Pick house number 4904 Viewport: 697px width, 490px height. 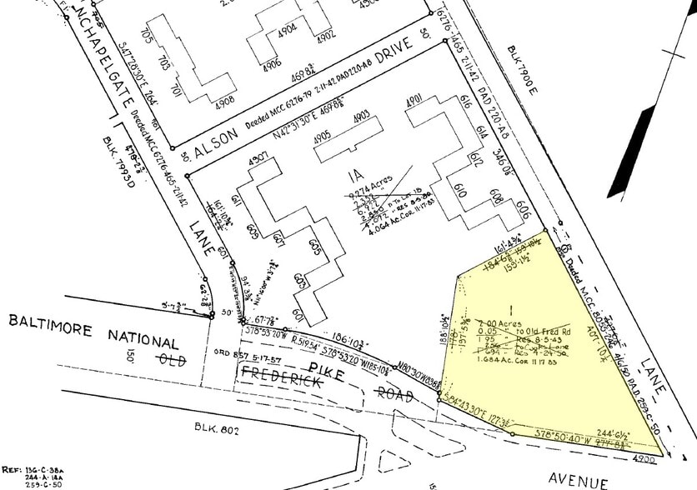[x=288, y=28]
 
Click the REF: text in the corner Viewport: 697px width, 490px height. [x=13, y=470]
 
